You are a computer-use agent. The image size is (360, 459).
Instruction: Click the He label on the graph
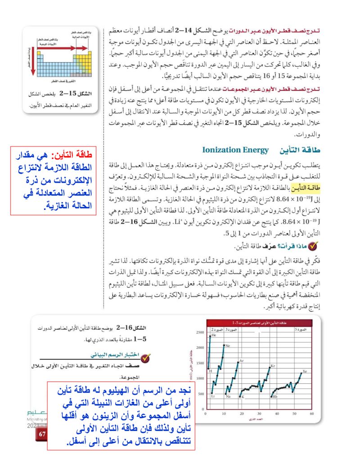214,336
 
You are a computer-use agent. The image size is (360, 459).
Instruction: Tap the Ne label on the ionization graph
228,346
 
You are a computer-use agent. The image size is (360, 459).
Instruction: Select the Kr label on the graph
273,366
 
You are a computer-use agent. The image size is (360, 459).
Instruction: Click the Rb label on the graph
275,397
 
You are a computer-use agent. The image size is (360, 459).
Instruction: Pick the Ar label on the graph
242,361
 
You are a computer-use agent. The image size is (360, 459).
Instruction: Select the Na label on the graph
228,396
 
